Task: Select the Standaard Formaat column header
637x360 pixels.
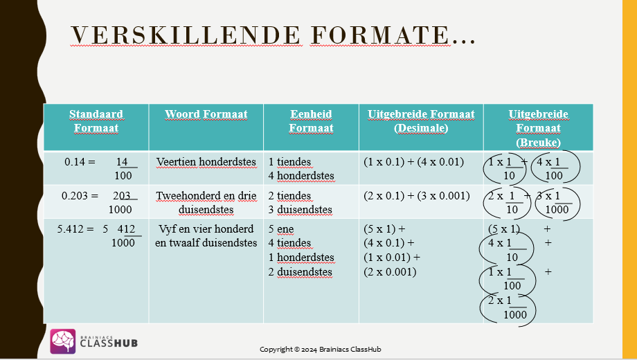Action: tap(96, 121)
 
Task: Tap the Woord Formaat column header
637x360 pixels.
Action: tap(206, 114)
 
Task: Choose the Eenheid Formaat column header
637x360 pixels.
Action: tap(311, 121)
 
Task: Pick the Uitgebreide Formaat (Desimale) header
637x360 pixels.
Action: tap(421, 121)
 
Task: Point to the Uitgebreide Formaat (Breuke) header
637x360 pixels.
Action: tap(538, 128)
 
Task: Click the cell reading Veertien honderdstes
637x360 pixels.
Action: tap(206, 162)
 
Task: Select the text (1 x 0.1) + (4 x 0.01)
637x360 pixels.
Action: tap(413, 162)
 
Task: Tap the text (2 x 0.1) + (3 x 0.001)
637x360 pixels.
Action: tap(416, 196)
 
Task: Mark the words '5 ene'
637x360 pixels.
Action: tap(280, 229)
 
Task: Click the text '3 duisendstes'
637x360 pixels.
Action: tap(300, 210)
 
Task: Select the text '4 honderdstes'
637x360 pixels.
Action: tap(301, 176)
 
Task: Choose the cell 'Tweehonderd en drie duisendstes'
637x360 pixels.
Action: tap(206, 202)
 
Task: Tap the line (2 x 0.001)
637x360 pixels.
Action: tap(390, 272)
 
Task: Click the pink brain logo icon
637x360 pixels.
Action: tap(62, 341)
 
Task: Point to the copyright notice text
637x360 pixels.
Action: tap(320, 350)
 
